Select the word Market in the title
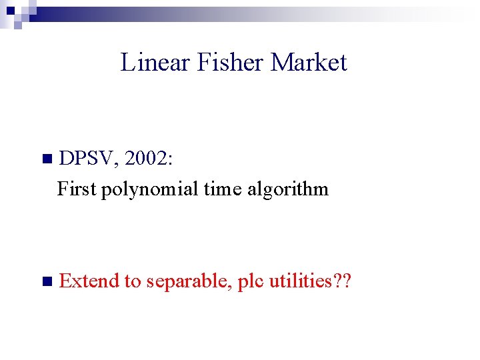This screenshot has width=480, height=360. coord(309,63)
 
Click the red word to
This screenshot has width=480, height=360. coord(131,282)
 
